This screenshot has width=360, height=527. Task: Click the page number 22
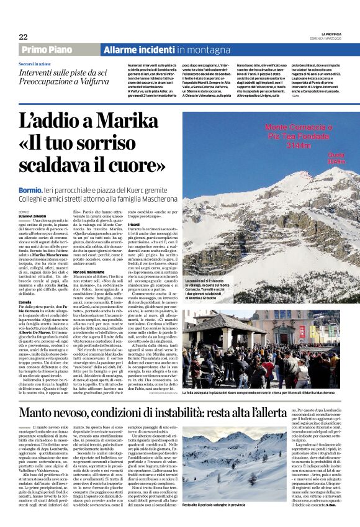coord(23,37)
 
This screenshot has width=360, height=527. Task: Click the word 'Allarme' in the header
coord(124,50)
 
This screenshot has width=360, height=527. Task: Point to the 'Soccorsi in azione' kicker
coord(35,64)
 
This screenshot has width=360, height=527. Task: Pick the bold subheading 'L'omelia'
coord(25,301)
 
